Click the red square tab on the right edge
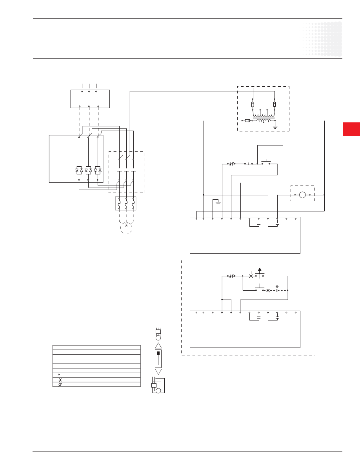[351, 129]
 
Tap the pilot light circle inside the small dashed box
[302, 195]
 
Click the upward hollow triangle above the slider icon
[158, 345]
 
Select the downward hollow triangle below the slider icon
[158, 371]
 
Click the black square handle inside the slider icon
[158, 353]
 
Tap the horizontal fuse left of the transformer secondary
[247, 121]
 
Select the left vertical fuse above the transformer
[253, 104]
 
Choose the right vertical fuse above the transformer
[275, 104]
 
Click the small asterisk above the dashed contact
[277, 286]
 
